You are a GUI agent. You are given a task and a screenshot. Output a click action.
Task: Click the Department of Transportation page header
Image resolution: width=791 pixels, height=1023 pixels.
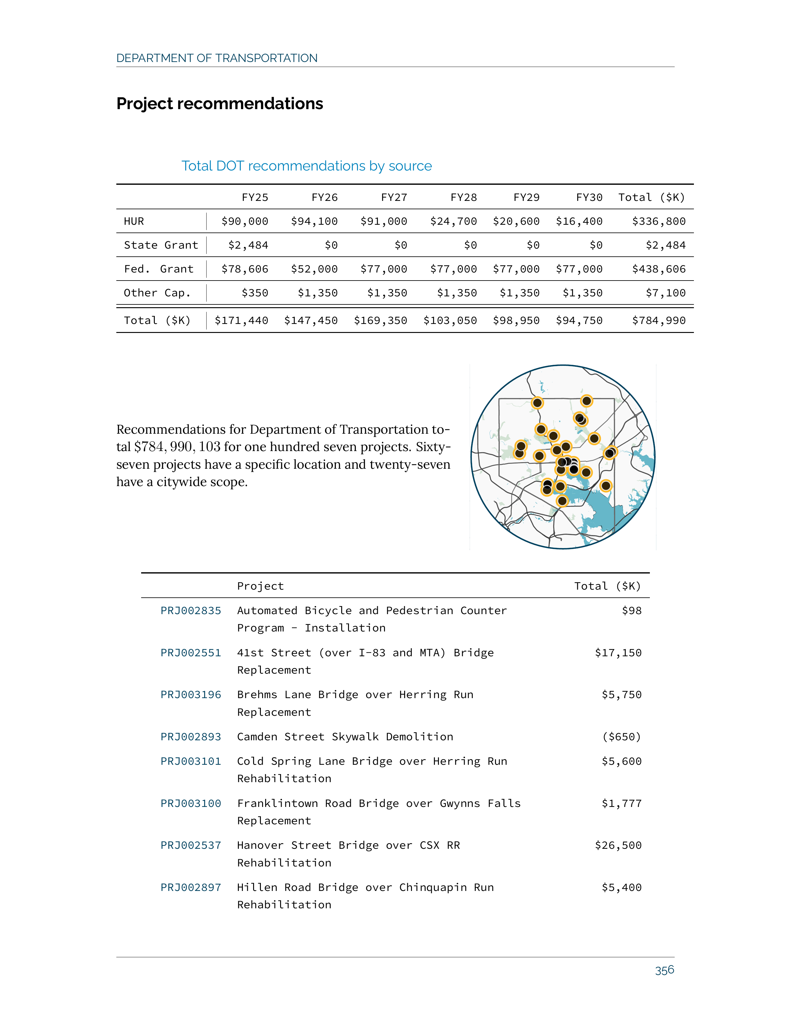(x=217, y=58)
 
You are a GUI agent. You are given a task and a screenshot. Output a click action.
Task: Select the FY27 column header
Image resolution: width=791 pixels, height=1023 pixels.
(x=394, y=197)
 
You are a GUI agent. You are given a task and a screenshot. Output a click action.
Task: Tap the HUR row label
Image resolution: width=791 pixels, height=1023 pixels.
(x=134, y=221)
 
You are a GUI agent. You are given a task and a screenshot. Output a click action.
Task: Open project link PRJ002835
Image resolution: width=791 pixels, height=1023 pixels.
(x=191, y=610)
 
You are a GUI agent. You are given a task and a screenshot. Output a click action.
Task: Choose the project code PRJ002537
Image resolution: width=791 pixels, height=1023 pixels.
(x=191, y=845)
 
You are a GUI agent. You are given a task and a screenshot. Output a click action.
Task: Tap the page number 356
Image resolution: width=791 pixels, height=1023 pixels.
(x=664, y=970)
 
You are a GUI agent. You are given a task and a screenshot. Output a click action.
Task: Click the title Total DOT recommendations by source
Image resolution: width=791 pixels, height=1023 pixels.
(x=306, y=166)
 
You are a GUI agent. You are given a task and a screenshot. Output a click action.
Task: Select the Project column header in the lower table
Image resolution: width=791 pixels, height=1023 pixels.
(x=261, y=586)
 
